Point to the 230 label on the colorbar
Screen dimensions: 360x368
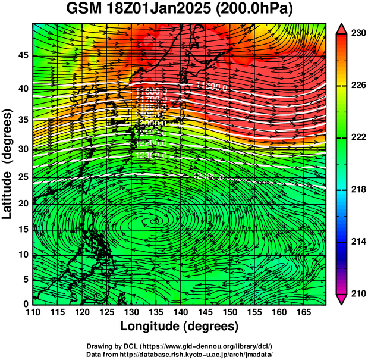[x=354, y=33]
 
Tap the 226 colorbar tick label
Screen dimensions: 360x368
[x=354, y=86]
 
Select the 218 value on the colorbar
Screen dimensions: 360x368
[x=354, y=190]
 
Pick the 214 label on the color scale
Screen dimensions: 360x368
[x=354, y=242]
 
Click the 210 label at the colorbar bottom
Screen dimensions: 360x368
[x=354, y=294]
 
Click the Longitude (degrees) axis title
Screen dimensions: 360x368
[x=180, y=326]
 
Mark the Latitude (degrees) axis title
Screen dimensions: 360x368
[x=8, y=164]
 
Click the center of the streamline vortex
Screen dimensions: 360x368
[x=159, y=221]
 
